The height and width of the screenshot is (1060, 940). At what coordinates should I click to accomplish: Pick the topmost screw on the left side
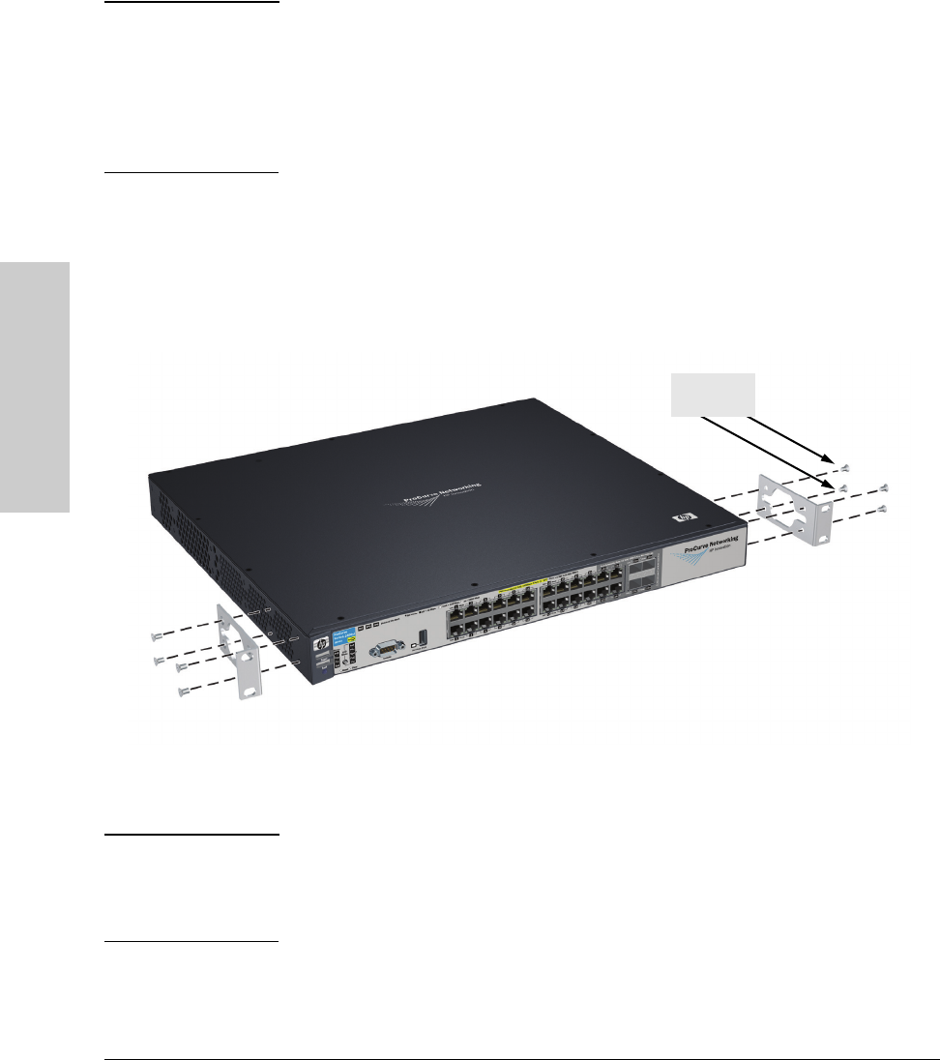pos(156,636)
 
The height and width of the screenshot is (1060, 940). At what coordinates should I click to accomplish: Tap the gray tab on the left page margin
pos(35,388)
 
